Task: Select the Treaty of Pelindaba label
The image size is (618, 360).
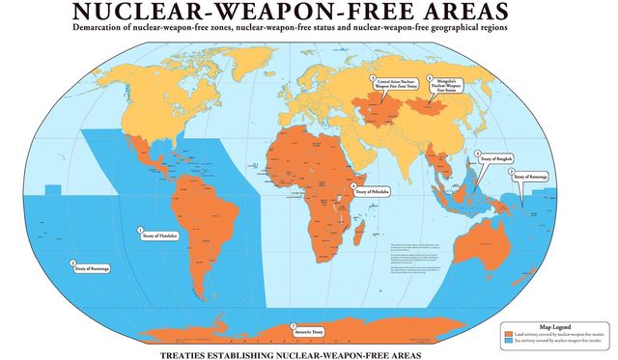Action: (x=372, y=190)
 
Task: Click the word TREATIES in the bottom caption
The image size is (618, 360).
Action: (x=189, y=354)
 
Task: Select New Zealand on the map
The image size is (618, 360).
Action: (x=544, y=280)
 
